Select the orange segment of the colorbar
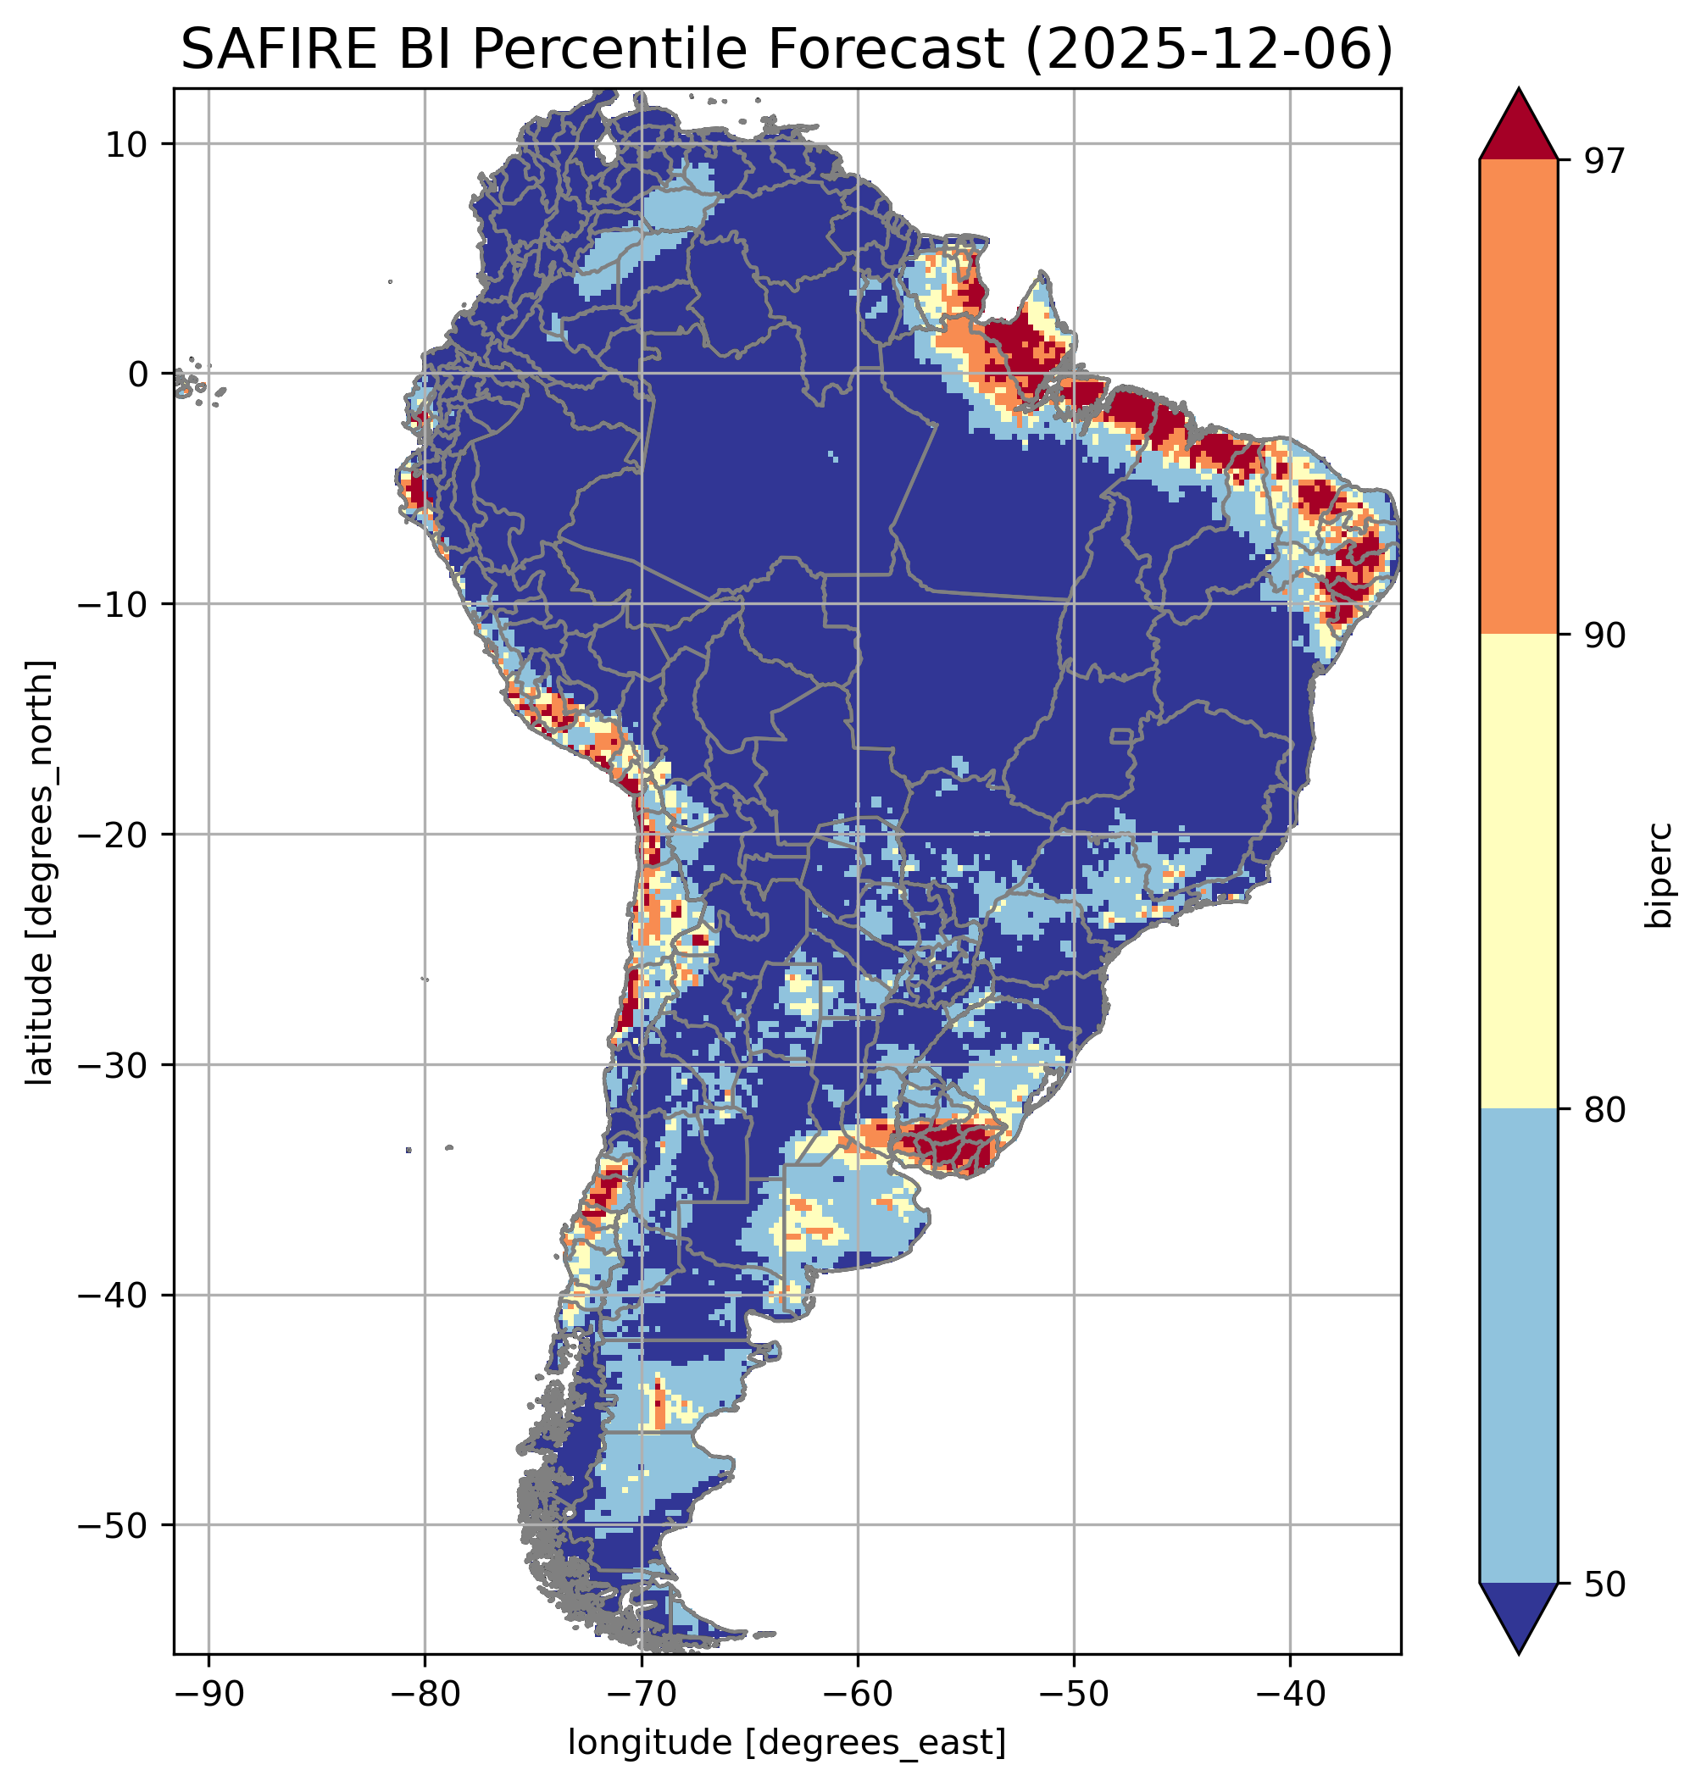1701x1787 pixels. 1518,397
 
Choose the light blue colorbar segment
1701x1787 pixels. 1518,1346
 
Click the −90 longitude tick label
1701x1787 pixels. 208,1694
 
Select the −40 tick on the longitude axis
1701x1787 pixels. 1289,1694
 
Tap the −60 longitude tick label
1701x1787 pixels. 857,1694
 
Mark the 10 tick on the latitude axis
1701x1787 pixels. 127,144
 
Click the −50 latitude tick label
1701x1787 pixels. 113,1525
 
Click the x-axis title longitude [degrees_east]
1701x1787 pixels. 787,1741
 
